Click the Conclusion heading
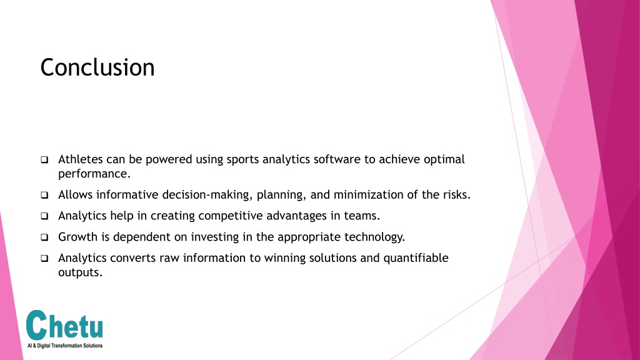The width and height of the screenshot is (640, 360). click(x=97, y=67)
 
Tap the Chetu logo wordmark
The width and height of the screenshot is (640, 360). click(x=64, y=325)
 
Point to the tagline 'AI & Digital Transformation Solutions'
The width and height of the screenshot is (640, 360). click(x=65, y=346)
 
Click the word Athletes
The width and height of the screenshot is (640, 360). click(x=81, y=159)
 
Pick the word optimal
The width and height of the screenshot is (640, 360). click(x=444, y=159)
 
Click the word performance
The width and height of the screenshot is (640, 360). click(x=94, y=174)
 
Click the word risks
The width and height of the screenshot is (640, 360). click(x=457, y=195)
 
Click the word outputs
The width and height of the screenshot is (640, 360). click(x=80, y=272)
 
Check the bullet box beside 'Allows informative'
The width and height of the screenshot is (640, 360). click(x=44, y=195)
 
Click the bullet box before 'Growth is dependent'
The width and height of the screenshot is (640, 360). click(x=44, y=237)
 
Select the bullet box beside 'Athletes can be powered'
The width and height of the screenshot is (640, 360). click(x=44, y=159)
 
